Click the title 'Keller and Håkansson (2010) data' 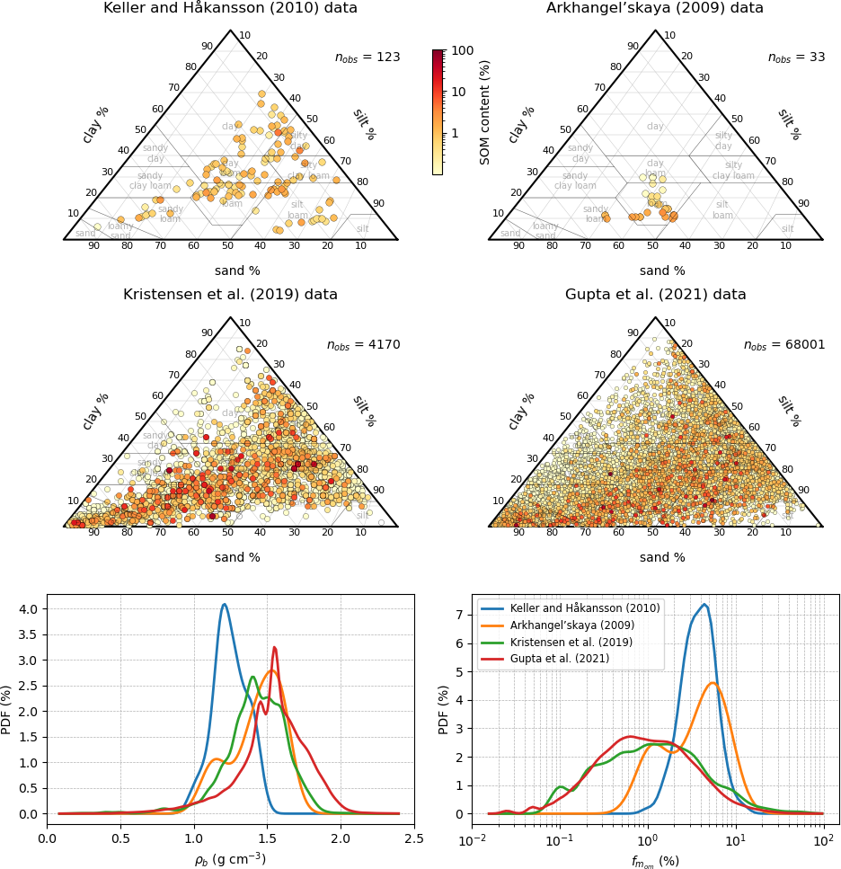pos(230,8)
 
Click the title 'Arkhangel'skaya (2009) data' pos(655,8)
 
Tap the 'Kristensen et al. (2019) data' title pos(230,295)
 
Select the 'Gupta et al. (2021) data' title pos(655,295)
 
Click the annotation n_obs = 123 pos(367,58)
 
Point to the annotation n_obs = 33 pos(796,58)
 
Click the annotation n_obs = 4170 pos(363,345)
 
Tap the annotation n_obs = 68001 pos(784,345)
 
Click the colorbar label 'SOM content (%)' pos(485,111)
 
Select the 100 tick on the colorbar pos(462,50)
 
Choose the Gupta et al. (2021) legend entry pos(561,659)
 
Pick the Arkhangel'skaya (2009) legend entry pos(571,625)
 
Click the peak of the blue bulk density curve pos(224,604)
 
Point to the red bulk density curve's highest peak pos(274,647)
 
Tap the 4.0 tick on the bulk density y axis pos(29,609)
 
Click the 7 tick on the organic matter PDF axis pos(460,615)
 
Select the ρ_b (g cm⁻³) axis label pos(230,859)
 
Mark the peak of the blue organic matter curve pos(704,604)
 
